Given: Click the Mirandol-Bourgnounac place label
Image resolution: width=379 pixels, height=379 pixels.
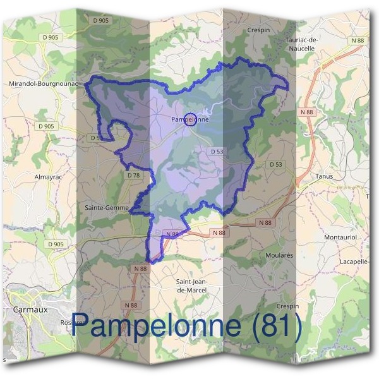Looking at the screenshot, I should (43, 83).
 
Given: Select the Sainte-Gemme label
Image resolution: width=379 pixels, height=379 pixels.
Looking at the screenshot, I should (107, 207).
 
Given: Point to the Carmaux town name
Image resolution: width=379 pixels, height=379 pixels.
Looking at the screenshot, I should (27, 310).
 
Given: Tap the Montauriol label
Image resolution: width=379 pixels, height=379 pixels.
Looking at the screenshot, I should (341, 236).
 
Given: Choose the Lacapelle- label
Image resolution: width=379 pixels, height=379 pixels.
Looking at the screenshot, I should (354, 262).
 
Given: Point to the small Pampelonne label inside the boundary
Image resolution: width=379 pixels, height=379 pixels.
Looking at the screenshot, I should (189, 118).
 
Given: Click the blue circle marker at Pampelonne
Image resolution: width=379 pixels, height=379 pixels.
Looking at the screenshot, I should (189, 120).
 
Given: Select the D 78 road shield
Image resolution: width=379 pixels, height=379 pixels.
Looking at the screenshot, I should (133, 175).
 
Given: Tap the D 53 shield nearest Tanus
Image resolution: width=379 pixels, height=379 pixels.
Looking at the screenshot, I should (276, 164).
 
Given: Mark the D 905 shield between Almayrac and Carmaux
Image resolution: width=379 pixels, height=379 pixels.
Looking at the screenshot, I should (56, 244).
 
